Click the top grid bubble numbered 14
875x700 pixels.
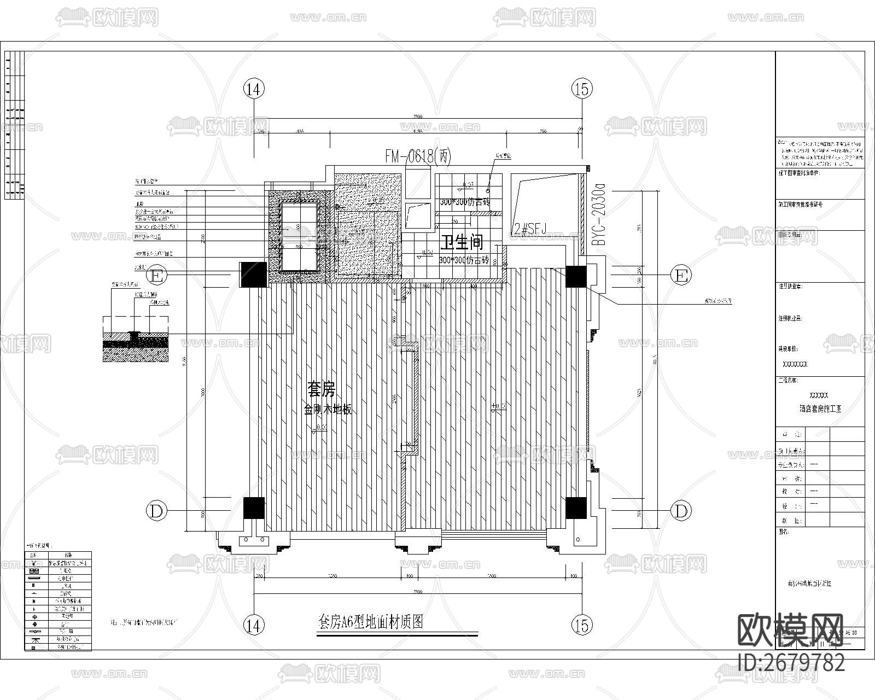254,89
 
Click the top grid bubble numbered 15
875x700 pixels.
582,89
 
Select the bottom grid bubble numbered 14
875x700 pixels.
254,625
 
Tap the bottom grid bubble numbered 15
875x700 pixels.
582,625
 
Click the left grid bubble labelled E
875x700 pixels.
156,276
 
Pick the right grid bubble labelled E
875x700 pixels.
681,276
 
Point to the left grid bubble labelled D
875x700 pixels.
156,511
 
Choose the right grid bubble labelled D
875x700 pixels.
681,511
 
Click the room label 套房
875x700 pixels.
321,389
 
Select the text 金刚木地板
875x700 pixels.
328,409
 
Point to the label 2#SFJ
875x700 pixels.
528,229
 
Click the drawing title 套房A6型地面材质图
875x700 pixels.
371,622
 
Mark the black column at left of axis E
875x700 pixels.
253,275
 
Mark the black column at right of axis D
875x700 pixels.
576,507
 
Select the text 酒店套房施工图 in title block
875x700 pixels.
820,408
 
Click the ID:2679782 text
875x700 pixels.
791,662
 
